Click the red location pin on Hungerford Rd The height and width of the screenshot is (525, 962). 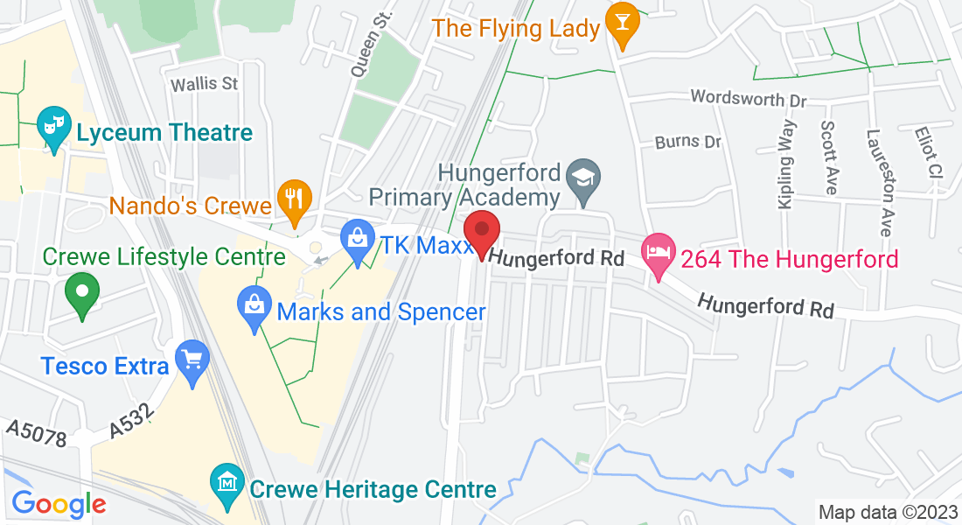coord(481,232)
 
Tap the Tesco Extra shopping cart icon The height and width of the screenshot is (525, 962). coord(192,361)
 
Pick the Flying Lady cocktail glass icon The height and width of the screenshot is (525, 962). coord(623,24)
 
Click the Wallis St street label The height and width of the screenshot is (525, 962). coord(204,84)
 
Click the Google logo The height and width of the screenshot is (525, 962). coord(59,504)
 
